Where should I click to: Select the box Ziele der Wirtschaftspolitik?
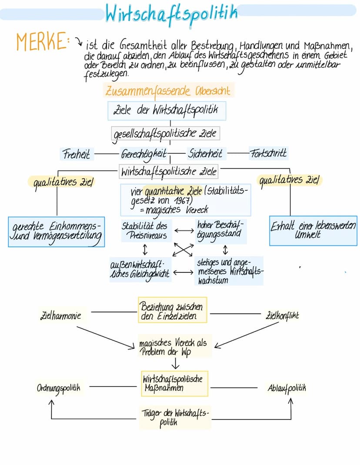click(x=167, y=110)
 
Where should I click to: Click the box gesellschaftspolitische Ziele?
click(x=165, y=133)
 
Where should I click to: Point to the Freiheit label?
click(x=76, y=154)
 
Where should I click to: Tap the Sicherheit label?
click(x=205, y=154)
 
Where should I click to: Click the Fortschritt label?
click(x=268, y=154)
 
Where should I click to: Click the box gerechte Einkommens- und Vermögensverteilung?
click(x=56, y=231)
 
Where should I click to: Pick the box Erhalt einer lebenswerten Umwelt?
click(x=313, y=231)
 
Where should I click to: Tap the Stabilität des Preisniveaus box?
click(x=144, y=231)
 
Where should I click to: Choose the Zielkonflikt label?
click(x=282, y=315)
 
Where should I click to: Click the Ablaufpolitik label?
click(x=287, y=388)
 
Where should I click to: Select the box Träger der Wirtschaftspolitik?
click(x=175, y=417)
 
